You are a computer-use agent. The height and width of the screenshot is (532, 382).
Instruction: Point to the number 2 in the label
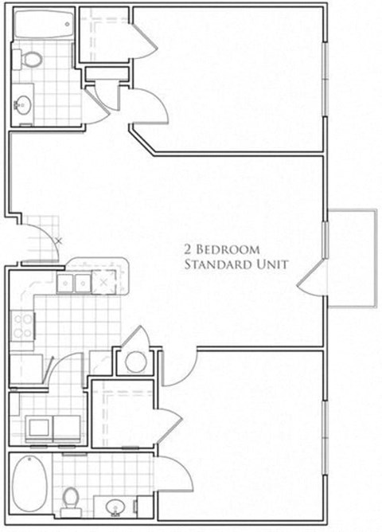point(189,248)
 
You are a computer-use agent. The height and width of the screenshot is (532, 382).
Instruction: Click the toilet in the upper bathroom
point(31,58)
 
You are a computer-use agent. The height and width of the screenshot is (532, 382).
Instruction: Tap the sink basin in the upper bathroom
point(23,104)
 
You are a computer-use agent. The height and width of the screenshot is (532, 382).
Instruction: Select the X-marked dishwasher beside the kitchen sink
point(103,281)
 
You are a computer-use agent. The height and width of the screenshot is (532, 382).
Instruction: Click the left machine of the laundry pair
point(38,428)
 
